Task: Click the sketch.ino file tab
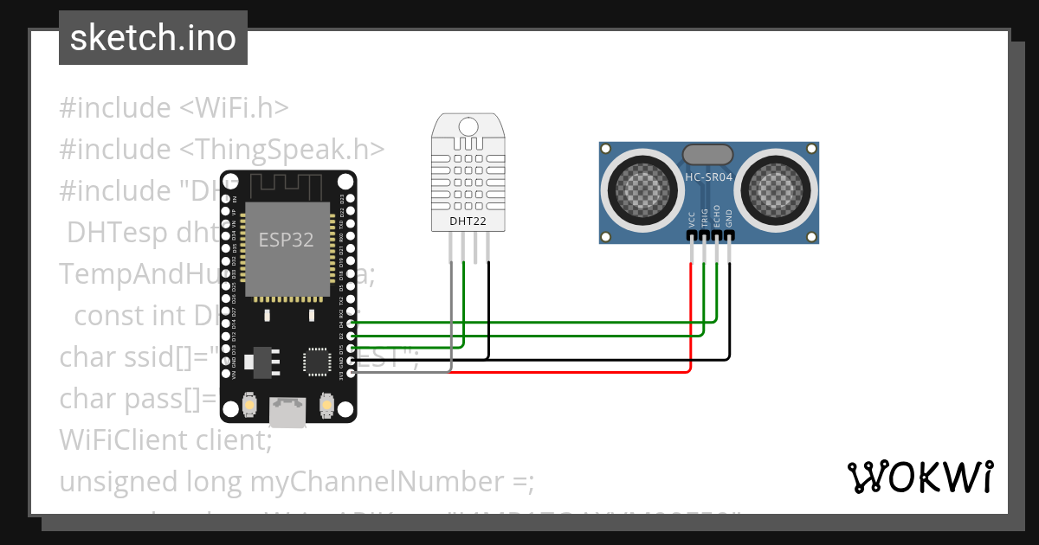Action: (152, 38)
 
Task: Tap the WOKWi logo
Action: (919, 477)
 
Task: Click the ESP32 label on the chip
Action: (286, 240)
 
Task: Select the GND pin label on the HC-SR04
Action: (730, 219)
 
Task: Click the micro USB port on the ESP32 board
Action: (287, 412)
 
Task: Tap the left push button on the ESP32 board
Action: (249, 404)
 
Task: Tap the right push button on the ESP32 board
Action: (326, 404)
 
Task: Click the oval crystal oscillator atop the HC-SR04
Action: (708, 155)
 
